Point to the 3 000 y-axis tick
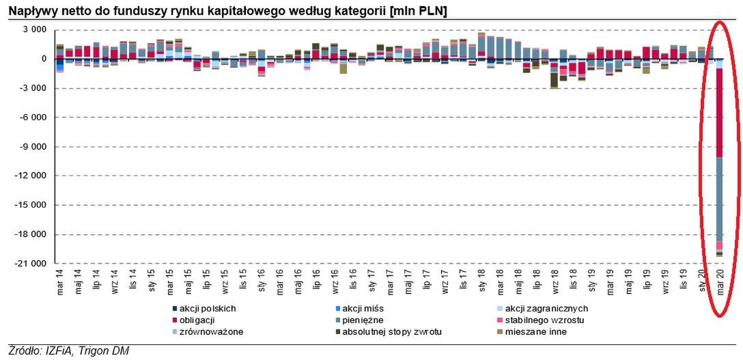33,30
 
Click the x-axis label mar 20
719,282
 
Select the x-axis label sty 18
481,282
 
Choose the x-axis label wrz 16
334,282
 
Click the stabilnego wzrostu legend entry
545,320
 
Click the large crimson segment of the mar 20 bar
719,113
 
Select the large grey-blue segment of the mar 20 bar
719,198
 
